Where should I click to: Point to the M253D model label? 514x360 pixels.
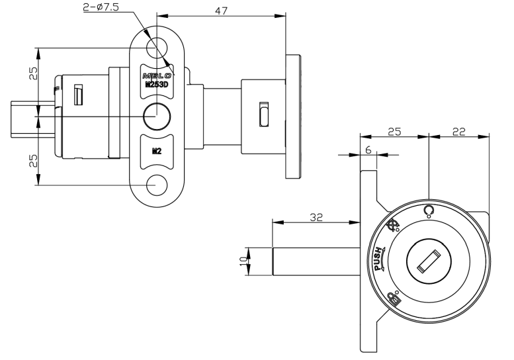coord(157,84)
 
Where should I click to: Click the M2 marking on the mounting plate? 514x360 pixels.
coord(157,150)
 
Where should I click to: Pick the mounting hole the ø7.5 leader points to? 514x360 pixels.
coord(157,47)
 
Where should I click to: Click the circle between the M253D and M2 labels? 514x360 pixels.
coord(157,116)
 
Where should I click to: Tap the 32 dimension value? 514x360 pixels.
coord(316,216)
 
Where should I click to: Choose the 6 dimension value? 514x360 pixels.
coord(368,150)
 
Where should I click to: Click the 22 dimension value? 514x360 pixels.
coord(458,132)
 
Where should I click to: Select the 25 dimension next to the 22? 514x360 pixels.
coord(396,132)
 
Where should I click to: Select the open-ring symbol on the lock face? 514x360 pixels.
coord(429,210)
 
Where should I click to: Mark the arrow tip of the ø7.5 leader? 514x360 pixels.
coord(173,65)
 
